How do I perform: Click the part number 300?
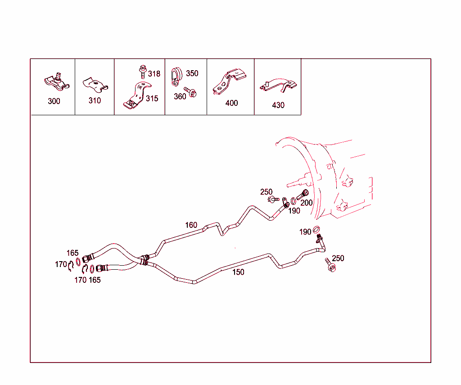(54, 101)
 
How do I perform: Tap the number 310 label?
(95, 100)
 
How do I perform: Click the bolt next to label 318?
(143, 72)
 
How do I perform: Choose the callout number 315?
(152, 99)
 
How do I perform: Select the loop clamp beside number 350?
(176, 77)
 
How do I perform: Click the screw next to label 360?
(190, 92)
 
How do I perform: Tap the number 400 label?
(232, 103)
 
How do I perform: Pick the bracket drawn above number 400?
(229, 82)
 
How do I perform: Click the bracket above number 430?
(278, 86)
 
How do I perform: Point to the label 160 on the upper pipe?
(191, 225)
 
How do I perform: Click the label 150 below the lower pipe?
(239, 272)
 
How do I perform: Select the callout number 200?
(306, 203)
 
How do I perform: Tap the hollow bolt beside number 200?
(303, 195)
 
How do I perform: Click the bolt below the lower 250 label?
(330, 265)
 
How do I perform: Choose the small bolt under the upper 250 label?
(273, 199)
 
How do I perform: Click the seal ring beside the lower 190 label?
(316, 229)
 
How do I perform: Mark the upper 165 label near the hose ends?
(72, 253)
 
